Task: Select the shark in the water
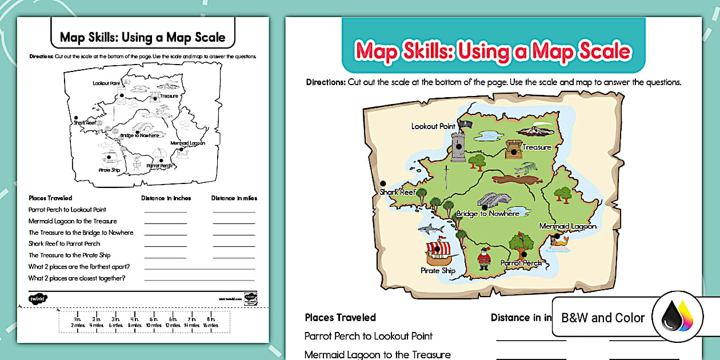tap(431, 229)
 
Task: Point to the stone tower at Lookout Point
tap(458, 147)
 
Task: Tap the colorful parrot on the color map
tap(522, 242)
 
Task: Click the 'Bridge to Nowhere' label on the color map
tap(487, 214)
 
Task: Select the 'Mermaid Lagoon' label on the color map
tap(567, 226)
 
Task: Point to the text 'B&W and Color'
tap(603, 318)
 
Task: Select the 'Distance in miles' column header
tap(234, 198)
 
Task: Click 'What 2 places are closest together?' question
tap(77, 278)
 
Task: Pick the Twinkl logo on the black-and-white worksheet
tap(38, 298)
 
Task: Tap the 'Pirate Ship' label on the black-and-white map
tap(109, 170)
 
